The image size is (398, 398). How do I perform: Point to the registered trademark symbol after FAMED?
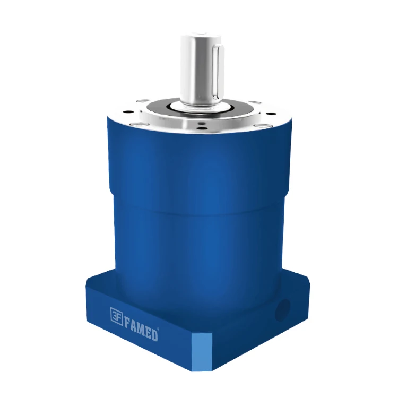pyautogui.click(x=159, y=327)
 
